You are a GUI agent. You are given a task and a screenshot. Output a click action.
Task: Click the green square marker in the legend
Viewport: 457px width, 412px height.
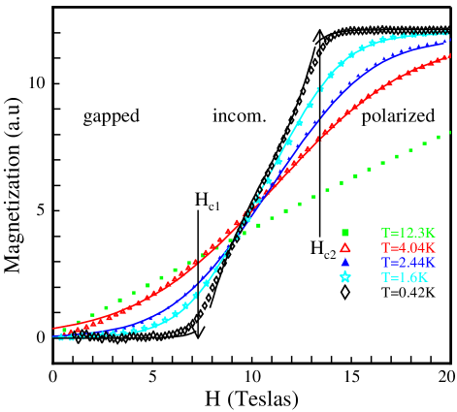344,233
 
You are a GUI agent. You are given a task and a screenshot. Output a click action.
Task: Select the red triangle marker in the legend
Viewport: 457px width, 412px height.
344,247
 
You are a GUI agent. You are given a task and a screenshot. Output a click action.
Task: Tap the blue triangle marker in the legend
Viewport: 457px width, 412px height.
344,263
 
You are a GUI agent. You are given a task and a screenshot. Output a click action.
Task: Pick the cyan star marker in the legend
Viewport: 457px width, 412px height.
344,278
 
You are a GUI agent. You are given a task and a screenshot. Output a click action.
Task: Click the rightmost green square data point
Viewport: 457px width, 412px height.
449,134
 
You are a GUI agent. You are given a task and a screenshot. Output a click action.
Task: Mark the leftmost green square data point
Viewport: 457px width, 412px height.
65,331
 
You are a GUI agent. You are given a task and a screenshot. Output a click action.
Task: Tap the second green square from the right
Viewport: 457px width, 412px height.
436,140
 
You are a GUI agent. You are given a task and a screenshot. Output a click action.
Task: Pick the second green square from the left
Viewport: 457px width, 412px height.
79,324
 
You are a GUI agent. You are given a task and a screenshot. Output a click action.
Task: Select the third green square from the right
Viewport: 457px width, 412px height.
422,145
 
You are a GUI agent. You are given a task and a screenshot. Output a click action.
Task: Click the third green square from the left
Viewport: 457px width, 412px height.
93,316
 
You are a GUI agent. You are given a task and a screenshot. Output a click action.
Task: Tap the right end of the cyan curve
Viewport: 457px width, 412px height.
449,34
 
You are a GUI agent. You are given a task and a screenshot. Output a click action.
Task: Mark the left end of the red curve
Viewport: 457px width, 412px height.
53,329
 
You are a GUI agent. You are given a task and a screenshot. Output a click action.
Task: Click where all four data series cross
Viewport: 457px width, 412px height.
250,214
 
